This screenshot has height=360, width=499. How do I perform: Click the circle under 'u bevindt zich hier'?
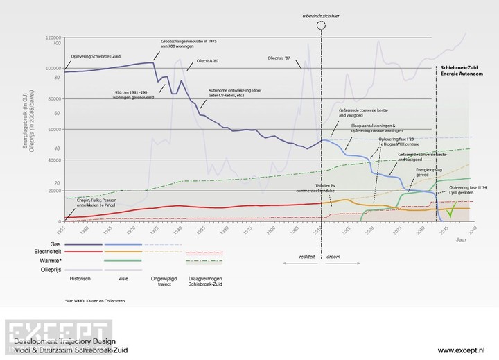322,26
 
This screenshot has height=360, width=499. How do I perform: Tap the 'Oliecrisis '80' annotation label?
207,60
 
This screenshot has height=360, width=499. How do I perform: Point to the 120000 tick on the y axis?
53,37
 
